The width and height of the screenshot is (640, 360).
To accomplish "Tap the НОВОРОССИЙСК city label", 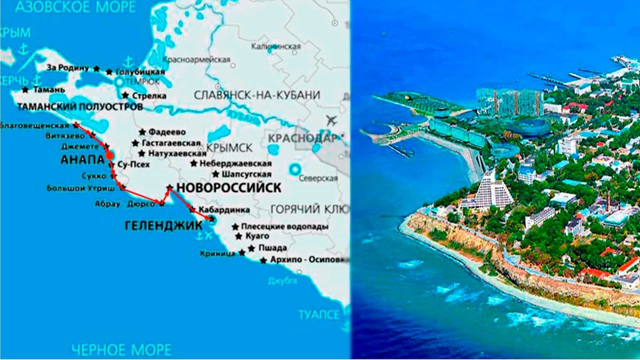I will (228, 188).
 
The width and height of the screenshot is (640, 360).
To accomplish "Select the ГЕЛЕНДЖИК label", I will (163, 226).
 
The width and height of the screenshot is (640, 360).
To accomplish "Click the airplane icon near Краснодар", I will (332, 120).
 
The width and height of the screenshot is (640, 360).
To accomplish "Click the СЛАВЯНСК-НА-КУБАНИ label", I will (257, 95).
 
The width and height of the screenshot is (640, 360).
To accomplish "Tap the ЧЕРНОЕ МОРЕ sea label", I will (122, 350).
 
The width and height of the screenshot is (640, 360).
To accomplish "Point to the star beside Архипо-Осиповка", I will (263, 261).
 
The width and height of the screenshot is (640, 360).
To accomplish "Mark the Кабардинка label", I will (219, 209).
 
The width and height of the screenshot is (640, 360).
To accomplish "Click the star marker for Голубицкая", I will (109, 71).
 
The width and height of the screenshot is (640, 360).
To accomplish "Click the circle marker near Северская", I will (294, 170).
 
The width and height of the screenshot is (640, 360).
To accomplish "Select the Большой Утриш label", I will (88, 188).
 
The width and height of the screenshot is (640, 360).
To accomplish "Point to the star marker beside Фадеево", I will (142, 132).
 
